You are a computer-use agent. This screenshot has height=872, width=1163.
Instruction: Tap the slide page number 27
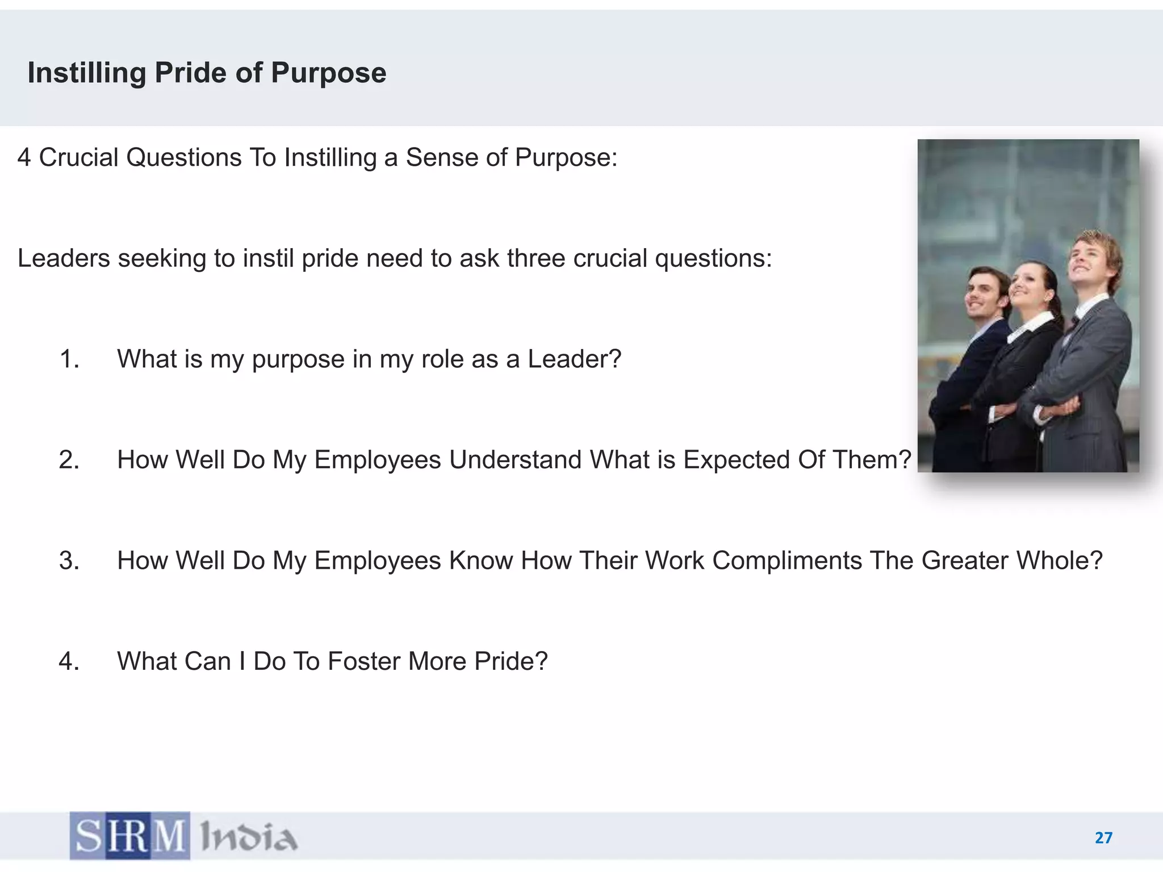coord(1103,838)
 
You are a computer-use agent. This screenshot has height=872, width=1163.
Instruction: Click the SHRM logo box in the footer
coord(130,836)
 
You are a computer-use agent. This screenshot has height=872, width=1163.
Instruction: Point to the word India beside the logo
coord(249,837)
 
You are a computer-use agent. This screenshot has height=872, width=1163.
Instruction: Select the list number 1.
coord(69,359)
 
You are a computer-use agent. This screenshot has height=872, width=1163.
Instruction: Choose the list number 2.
coord(69,460)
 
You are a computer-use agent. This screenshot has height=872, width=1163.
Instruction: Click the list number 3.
coord(69,561)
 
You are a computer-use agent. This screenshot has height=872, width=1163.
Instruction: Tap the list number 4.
coord(69,661)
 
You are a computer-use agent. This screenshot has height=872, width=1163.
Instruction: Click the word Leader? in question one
coord(574,359)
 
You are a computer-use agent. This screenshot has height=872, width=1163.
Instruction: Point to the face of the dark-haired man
coord(984,296)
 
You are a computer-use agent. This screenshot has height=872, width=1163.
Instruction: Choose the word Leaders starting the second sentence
coord(64,259)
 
